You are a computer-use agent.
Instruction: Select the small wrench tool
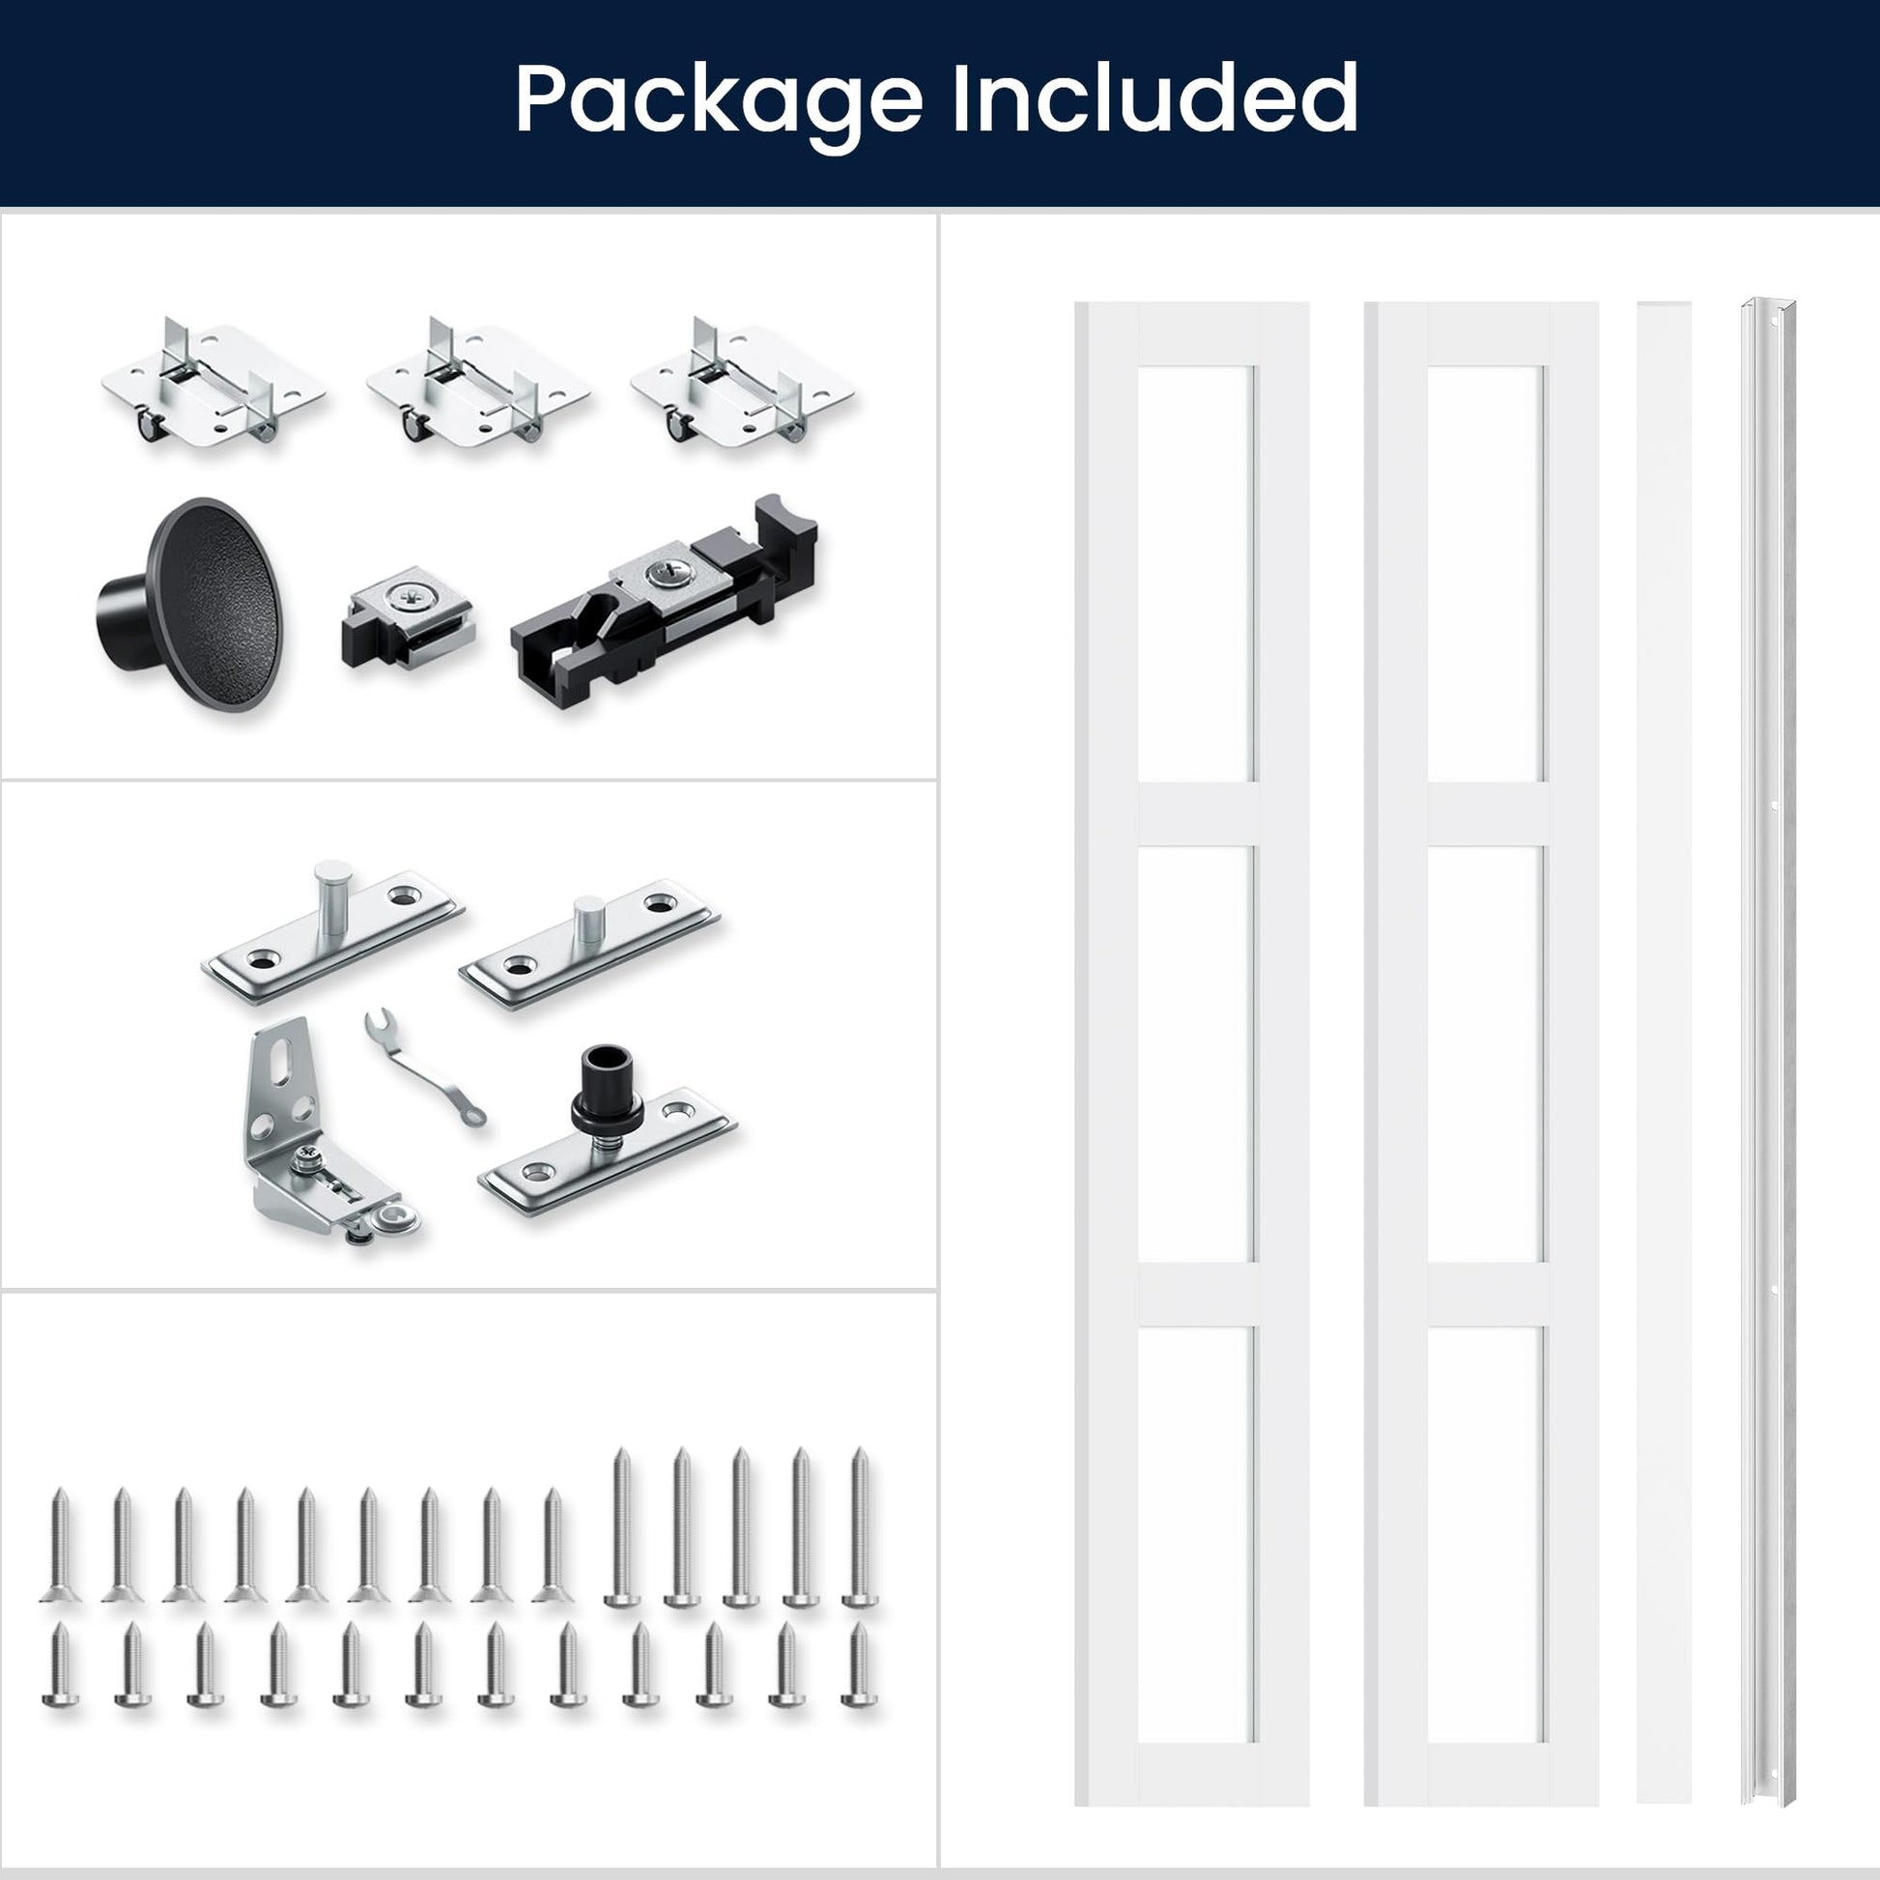424,1068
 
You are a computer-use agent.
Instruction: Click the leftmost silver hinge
214,381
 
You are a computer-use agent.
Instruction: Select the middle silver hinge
478,381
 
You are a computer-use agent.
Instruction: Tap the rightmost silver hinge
742,381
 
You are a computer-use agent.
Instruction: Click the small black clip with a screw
408,619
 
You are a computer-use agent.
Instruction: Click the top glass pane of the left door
1196,574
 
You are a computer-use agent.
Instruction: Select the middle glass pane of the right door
1485,1055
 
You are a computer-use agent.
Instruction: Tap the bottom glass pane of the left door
1196,1534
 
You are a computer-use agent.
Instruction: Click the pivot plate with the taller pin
332,930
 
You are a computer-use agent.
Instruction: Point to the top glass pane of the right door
1485,574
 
